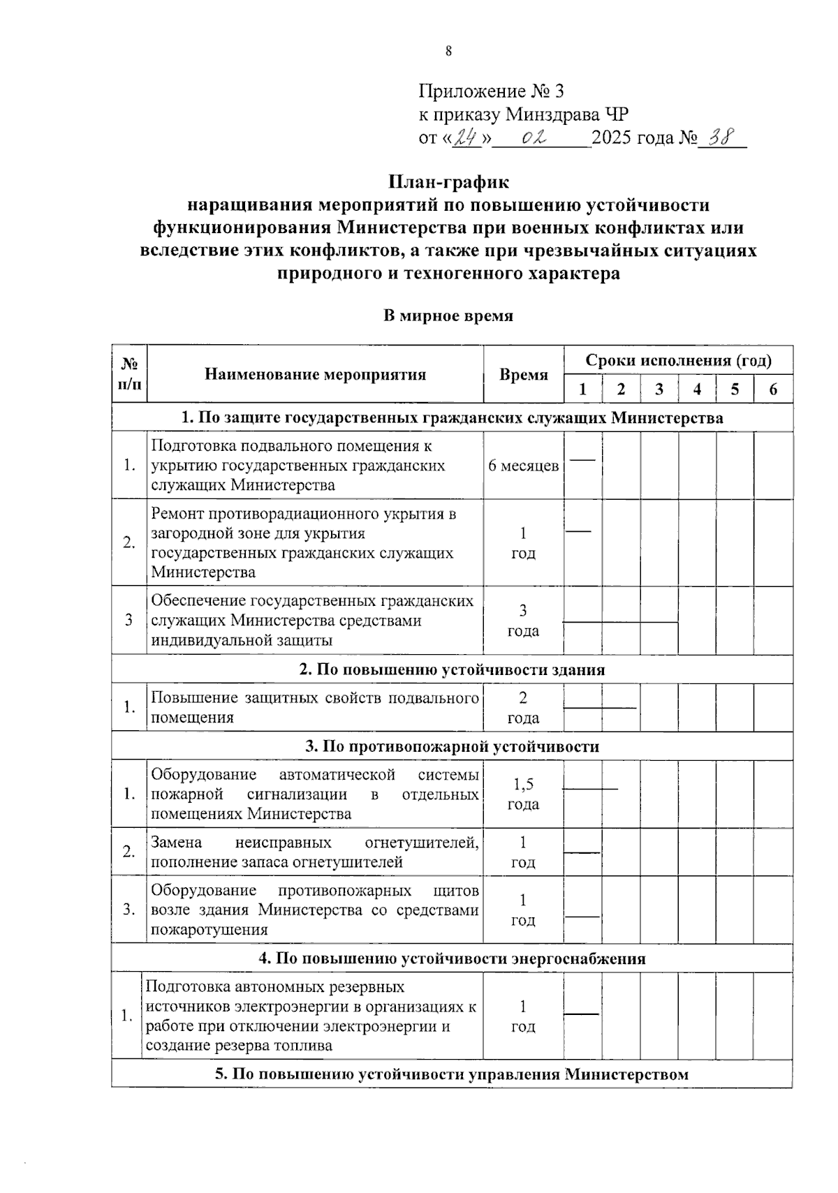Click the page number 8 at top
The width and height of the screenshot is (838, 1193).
click(448, 51)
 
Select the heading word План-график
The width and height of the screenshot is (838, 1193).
click(448, 182)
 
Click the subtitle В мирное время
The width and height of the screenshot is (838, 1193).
click(448, 316)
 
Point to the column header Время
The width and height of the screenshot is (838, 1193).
click(523, 375)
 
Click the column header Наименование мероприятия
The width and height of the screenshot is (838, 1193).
click(315, 374)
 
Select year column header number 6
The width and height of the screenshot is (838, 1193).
click(772, 390)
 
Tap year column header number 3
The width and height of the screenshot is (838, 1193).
click(659, 390)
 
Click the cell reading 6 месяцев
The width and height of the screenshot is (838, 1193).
click(523, 466)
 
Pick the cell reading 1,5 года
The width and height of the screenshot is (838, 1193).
click(523, 794)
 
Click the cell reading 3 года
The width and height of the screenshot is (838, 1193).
click(523, 621)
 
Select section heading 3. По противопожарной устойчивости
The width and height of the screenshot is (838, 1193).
click(452, 746)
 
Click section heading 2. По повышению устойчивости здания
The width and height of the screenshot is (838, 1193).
click(452, 669)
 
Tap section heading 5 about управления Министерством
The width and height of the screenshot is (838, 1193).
click(452, 1074)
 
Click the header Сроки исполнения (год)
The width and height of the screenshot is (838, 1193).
click(678, 360)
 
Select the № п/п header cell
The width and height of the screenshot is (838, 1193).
click(129, 374)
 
